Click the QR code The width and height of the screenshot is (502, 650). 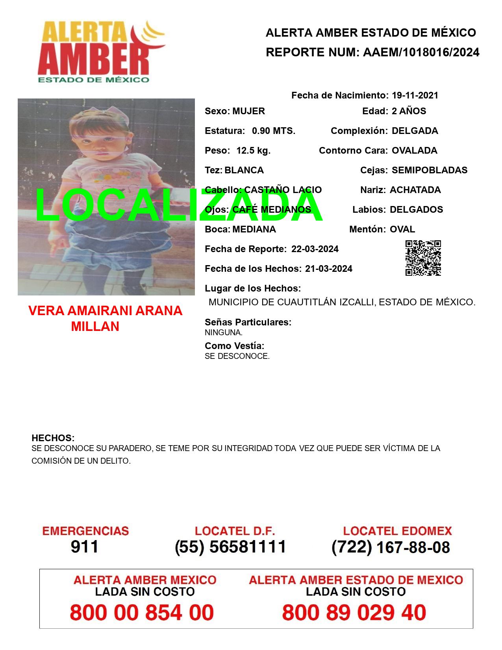pos(423,258)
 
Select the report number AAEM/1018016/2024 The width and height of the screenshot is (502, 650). pos(421,52)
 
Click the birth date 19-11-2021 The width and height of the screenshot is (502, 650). pos(415,95)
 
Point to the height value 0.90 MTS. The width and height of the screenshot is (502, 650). pos(274,131)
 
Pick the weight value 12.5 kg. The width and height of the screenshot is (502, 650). pos(253,150)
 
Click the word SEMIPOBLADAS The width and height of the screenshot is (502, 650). pos(430,170)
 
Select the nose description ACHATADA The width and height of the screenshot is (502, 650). pos(415,190)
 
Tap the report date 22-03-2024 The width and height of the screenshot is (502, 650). pos(315,249)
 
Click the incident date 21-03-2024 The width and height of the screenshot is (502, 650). pos(328,269)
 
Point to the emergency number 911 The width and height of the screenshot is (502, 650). pos(84,547)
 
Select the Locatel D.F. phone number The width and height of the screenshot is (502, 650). pos(230,547)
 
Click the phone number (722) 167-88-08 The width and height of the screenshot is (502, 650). pos(391,547)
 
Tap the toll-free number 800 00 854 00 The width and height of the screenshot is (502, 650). pos(142,613)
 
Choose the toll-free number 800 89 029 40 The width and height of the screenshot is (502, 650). pos(354,613)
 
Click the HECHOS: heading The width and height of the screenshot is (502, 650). pos(53,438)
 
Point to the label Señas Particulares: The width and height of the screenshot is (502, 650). pos(248,322)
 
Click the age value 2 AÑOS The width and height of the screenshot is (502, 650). pos(409,111)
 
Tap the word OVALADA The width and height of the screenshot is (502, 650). pos(414,150)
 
